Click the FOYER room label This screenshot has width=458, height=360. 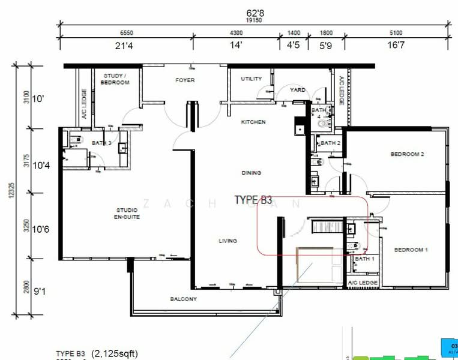pyautogui.click(x=185, y=80)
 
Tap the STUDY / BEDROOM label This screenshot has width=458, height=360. pyautogui.click(x=116, y=79)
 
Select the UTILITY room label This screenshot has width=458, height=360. pyautogui.click(x=251, y=79)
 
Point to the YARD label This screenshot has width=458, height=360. pyautogui.click(x=298, y=90)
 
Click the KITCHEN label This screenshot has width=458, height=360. pyautogui.click(x=253, y=122)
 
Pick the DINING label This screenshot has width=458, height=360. pyautogui.click(x=252, y=173)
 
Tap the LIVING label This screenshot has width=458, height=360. pyautogui.click(x=227, y=241)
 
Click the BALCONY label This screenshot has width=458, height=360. pyautogui.click(x=183, y=299)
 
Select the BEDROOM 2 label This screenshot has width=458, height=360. pyautogui.click(x=408, y=154)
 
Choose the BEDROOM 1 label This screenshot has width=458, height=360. pyautogui.click(x=411, y=250)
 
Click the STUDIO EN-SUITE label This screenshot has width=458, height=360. pyautogui.click(x=128, y=214)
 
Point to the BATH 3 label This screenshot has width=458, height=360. pyautogui.click(x=101, y=143)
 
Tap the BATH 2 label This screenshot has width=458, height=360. pyautogui.click(x=330, y=143)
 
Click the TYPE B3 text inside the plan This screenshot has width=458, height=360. pyautogui.click(x=253, y=200)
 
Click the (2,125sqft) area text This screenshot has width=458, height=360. pyautogui.click(x=114, y=353)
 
